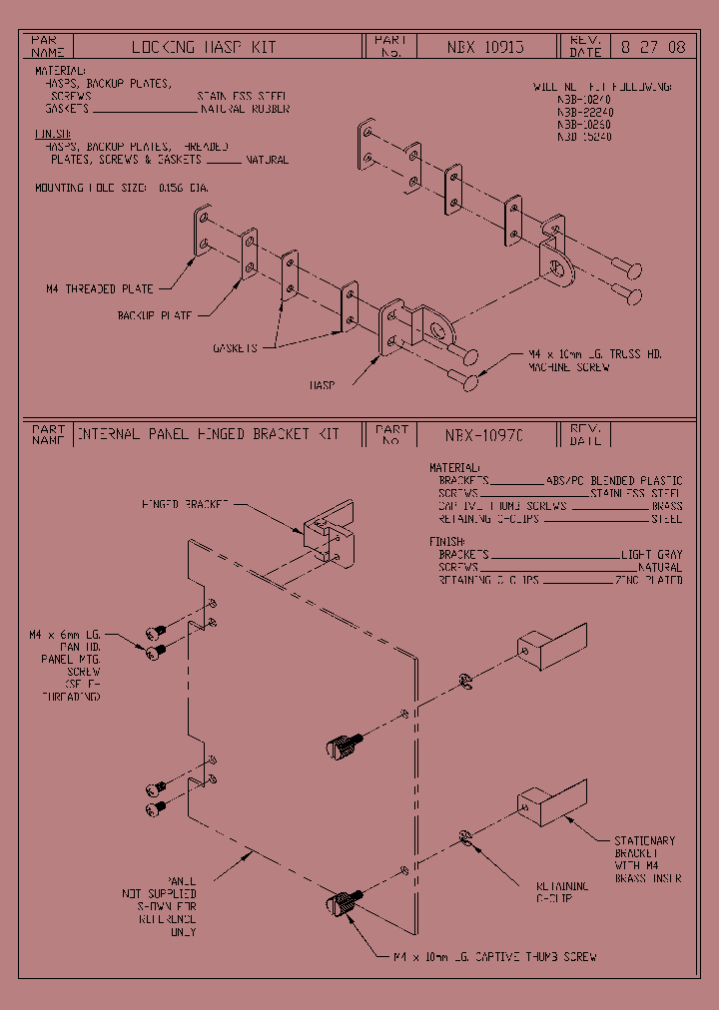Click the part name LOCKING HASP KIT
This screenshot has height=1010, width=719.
coord(204,47)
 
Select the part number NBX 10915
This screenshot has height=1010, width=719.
coord(484,47)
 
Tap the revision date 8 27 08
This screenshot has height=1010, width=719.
coord(653,47)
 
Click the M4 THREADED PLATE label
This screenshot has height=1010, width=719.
coord(100,289)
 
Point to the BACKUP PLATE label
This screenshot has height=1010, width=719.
coord(155,315)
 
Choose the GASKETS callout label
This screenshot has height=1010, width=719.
coord(235,348)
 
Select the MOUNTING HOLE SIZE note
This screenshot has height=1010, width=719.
coord(122,188)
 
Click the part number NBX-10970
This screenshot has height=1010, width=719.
coord(484,435)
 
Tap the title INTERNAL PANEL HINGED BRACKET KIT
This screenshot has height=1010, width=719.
coord(209,435)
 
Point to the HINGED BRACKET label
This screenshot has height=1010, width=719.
coord(185,504)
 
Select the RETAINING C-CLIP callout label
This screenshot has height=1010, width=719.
coord(562,891)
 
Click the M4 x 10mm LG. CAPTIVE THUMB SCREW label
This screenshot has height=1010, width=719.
coord(494,956)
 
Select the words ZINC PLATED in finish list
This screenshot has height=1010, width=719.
coord(649,580)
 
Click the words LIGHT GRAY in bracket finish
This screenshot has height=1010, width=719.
coord(652,554)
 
